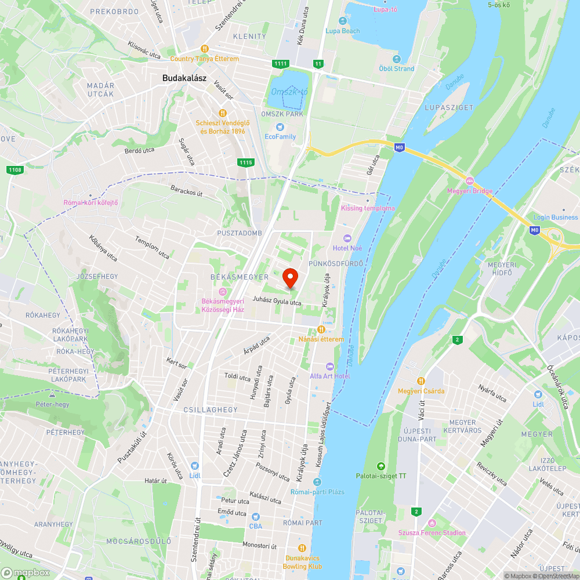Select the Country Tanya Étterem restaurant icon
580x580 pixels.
204,49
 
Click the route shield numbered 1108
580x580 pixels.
15,169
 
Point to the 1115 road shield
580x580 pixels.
245,162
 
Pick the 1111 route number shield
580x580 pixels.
280,63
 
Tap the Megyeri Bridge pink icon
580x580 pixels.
470,181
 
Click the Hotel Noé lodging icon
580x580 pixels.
347,238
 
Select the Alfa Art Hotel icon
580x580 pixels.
329,366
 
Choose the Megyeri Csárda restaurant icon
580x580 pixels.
421,381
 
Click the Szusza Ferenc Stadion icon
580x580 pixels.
432,523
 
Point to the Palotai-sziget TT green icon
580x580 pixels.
381,466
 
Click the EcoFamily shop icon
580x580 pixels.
280,127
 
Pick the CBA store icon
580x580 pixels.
255,516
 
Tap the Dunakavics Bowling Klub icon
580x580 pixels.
302,548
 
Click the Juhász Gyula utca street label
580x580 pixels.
277,302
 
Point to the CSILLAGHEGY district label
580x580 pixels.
210,409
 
